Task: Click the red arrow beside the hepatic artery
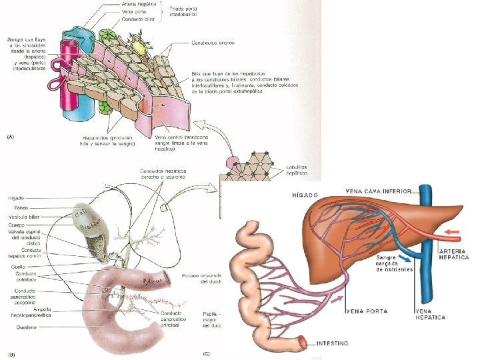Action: pos(451,234)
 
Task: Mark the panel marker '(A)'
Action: pos(11,136)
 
